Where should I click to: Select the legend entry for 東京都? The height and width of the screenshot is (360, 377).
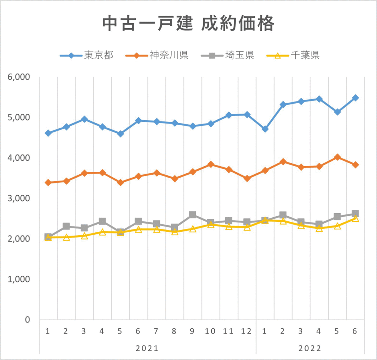pyautogui.click(x=87, y=56)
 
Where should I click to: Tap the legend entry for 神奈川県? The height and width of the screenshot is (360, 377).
pyautogui.click(x=157, y=56)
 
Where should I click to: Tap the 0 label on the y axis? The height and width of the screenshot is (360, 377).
pyautogui.click(x=27, y=320)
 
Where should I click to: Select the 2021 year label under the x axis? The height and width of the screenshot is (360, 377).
pyautogui.click(x=147, y=348)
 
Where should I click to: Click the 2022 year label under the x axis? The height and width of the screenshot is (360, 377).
pyautogui.click(x=310, y=348)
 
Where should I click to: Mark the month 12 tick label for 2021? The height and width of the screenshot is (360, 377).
pyautogui.click(x=247, y=331)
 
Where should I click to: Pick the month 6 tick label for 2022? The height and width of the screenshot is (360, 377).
pyautogui.click(x=355, y=331)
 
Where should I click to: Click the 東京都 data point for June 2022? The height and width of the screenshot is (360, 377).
pyautogui.click(x=355, y=98)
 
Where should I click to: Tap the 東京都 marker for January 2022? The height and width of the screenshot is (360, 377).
pyautogui.click(x=265, y=129)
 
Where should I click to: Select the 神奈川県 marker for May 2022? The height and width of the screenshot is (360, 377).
pyautogui.click(x=337, y=157)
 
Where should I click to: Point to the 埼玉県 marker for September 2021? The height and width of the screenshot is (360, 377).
pyautogui.click(x=193, y=215)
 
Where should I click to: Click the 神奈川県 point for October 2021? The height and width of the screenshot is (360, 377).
pyautogui.click(x=211, y=164)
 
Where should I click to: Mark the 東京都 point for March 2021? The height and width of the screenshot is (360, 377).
pyautogui.click(x=84, y=119)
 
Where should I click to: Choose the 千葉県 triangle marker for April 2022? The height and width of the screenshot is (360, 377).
pyautogui.click(x=319, y=228)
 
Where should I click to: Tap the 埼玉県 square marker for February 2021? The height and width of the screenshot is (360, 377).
pyautogui.click(x=66, y=226)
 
